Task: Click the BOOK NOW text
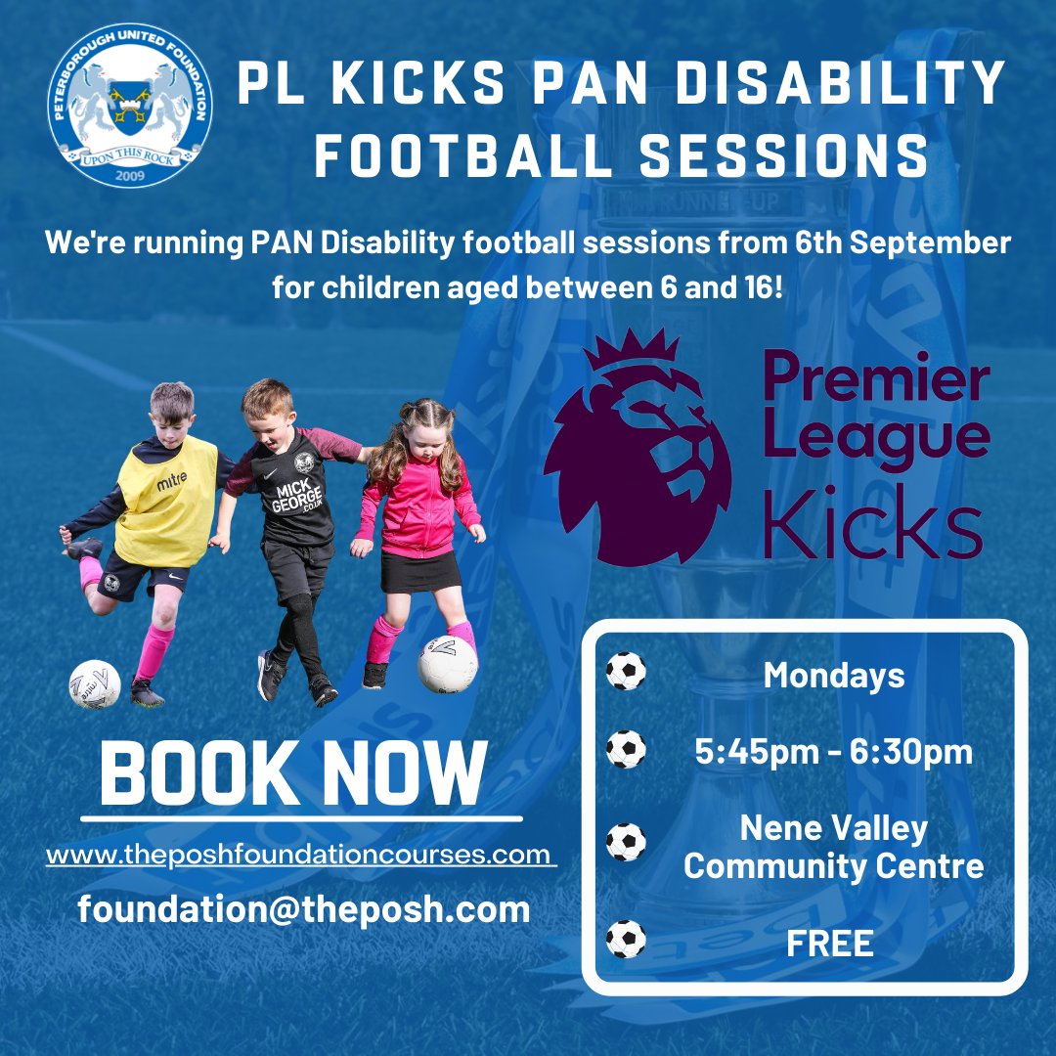click(293, 772)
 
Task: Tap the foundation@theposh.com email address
click(304, 908)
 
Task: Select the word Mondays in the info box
click(834, 675)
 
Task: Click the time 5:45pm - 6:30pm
click(834, 752)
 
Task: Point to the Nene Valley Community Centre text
click(834, 847)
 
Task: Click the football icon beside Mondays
click(626, 672)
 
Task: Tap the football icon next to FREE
click(626, 940)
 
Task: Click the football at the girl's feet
click(448, 664)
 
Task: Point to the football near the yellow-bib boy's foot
click(95, 683)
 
